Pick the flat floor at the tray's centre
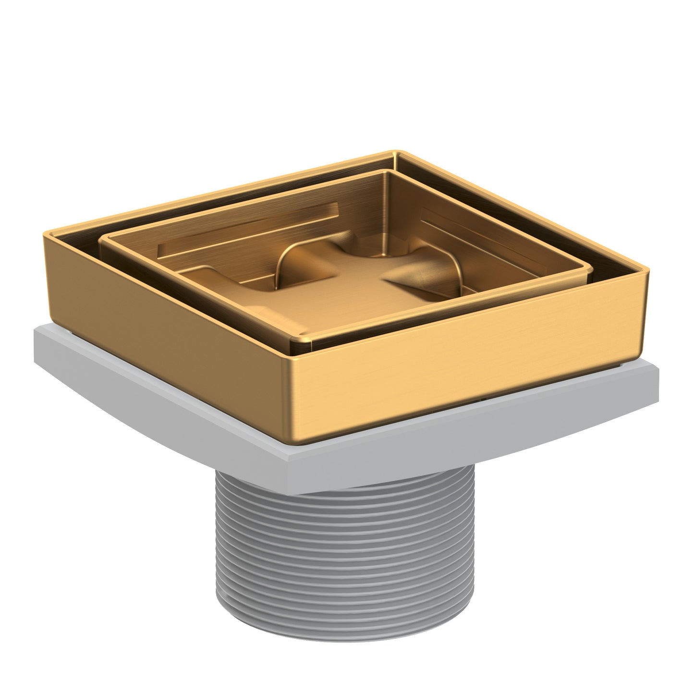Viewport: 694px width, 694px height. [331, 288]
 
